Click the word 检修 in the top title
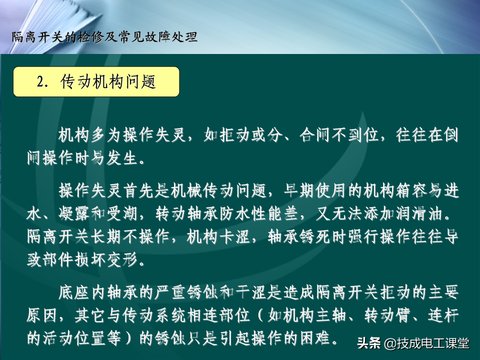pos(91,37)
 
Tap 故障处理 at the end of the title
pos(170,37)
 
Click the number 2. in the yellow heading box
pos(42,81)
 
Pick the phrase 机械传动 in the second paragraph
pos(203,190)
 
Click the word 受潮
pos(122,213)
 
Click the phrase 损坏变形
pos(105,260)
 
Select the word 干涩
pos(251,292)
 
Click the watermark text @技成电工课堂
pos(426,343)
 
